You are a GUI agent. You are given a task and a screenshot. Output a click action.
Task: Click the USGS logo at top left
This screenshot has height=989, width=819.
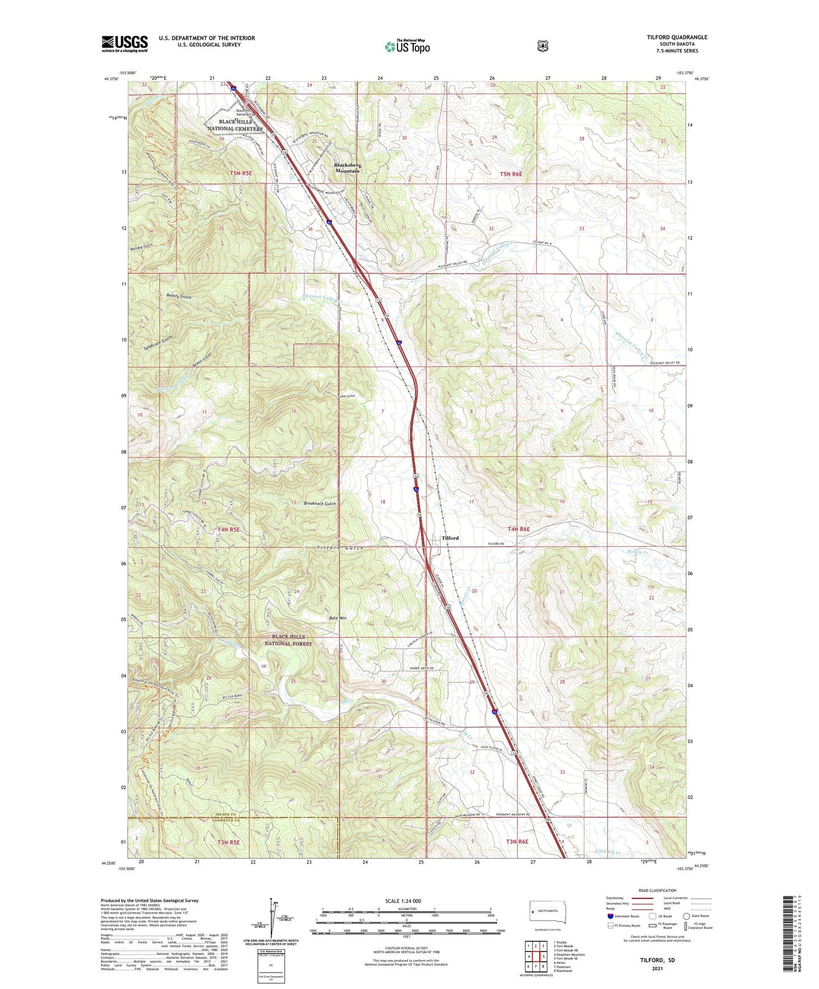coord(125,44)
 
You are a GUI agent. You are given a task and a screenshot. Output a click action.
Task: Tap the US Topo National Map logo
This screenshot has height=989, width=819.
coord(408,46)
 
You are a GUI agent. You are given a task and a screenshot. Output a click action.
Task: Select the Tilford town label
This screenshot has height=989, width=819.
coord(450,538)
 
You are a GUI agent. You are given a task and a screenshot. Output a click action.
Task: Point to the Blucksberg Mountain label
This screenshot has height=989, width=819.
coord(347,168)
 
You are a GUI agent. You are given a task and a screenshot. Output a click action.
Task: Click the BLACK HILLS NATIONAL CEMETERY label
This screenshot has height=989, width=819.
coord(241,125)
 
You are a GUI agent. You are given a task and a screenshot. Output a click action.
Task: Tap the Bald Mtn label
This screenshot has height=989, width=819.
coord(338,618)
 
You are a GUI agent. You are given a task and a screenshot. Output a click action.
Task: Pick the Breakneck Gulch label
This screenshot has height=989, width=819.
coord(320,504)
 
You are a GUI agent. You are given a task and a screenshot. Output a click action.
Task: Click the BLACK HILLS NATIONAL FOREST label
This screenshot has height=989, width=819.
coord(288,640)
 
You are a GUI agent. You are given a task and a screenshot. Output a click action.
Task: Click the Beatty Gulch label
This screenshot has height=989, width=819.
coord(179,296)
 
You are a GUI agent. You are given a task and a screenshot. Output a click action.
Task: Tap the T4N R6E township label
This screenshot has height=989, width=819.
coord(519,529)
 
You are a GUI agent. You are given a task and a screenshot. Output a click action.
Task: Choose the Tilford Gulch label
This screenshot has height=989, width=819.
coord(340,548)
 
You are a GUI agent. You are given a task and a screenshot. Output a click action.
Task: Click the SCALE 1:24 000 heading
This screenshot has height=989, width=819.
coord(403,901)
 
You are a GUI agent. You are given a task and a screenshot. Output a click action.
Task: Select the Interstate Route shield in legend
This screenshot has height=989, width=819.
coord(610,916)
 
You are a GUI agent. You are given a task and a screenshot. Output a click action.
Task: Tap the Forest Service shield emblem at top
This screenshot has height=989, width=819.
coord(542,46)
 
